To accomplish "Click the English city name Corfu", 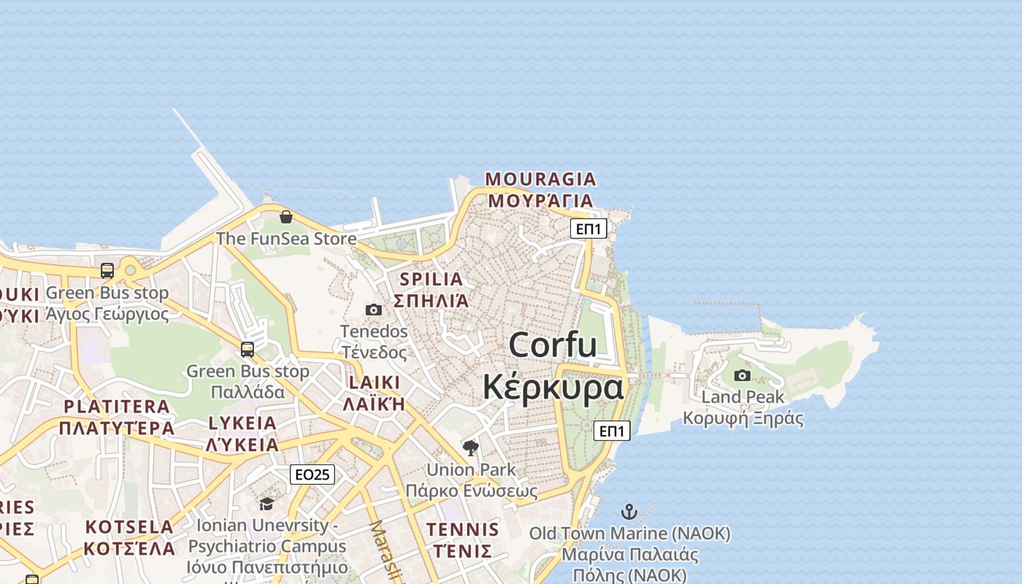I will (553, 345).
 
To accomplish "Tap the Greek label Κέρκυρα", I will (553, 387).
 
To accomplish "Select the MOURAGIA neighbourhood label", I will (540, 179).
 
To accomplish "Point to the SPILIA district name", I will (431, 279).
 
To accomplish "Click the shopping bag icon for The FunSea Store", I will (286, 217).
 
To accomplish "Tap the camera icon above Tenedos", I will (374, 310).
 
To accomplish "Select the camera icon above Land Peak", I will (742, 375).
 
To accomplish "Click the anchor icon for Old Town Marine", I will (629, 511).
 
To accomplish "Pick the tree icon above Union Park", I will (471, 447).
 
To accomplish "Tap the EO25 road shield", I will (312, 474).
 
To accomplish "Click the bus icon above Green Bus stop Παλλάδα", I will (247, 349).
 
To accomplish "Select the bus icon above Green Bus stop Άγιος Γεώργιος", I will (107, 271).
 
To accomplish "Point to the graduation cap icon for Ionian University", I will (266, 504).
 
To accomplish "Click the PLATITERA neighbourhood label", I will (117, 407).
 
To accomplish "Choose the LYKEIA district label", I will (242, 423).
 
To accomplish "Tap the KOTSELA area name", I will (130, 527).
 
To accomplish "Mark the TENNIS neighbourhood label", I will (463, 529).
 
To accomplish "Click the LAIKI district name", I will (374, 383).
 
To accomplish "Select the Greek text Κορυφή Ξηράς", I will (743, 419).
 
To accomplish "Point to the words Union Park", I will (471, 470).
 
